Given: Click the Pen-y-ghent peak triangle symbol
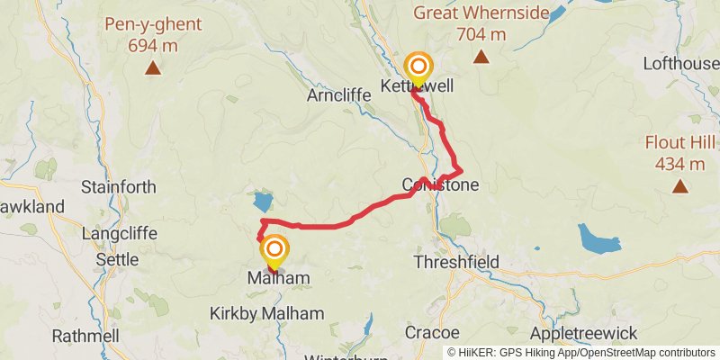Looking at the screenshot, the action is (x=153, y=67).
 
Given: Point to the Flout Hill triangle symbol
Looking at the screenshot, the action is (x=679, y=187).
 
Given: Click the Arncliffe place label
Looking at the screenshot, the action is (x=338, y=94).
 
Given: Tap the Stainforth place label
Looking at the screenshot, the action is (x=118, y=187).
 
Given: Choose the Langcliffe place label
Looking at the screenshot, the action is (x=118, y=234).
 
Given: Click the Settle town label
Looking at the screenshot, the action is (x=117, y=259).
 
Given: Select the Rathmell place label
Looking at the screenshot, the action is (x=85, y=336).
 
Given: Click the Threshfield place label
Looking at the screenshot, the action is (x=455, y=262).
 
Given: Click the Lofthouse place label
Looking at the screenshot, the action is (x=680, y=64).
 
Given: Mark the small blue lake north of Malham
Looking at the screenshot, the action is (x=263, y=201).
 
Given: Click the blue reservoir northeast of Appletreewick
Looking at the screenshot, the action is (x=599, y=238).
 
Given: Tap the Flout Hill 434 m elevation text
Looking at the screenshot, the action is (x=679, y=164).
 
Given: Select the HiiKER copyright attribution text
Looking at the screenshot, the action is (x=581, y=352).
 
